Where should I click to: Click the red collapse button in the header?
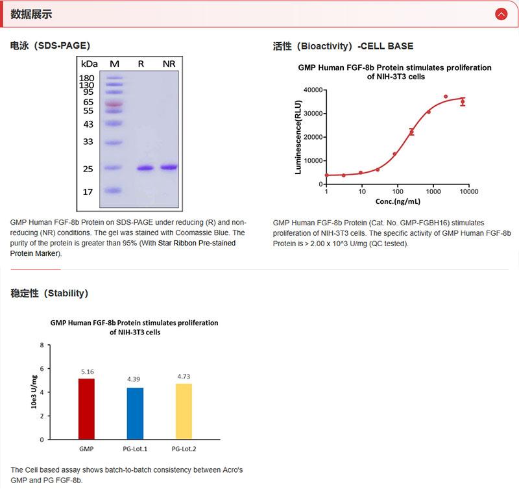[500, 14]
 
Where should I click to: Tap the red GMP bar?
[86, 408]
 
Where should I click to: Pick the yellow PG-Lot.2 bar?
[184, 411]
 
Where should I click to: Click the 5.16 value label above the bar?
[87, 371]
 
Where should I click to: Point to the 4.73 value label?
[184, 377]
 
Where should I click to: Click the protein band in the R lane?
[145, 168]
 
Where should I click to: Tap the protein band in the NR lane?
[169, 168]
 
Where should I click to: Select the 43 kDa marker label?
[88, 124]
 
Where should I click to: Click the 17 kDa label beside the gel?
[88, 192]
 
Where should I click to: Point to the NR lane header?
[169, 64]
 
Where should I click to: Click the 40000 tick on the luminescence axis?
[313, 90]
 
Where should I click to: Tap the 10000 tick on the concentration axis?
[468, 192]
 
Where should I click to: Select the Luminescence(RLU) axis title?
[298, 137]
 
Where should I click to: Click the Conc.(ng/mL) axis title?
[396, 202]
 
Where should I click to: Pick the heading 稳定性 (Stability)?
[49, 293]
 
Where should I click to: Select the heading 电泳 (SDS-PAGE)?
[50, 45]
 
